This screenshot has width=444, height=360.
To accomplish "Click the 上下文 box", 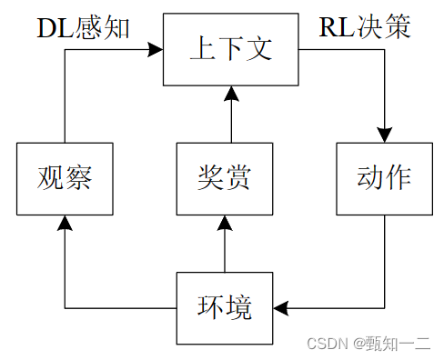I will (x=230, y=49).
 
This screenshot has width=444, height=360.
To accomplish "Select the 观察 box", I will (x=65, y=178).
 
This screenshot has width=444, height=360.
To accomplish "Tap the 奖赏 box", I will (x=224, y=178).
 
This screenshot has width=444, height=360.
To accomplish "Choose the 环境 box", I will (x=224, y=308).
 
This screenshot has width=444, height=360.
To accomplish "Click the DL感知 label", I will (x=83, y=27).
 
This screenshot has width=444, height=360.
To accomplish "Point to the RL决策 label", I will (x=365, y=27).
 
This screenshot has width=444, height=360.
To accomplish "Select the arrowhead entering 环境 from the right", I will (x=281, y=309).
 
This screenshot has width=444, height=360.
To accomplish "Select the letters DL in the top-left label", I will (x=51, y=27).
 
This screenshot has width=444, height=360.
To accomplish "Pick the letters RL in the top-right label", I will (x=334, y=27).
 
